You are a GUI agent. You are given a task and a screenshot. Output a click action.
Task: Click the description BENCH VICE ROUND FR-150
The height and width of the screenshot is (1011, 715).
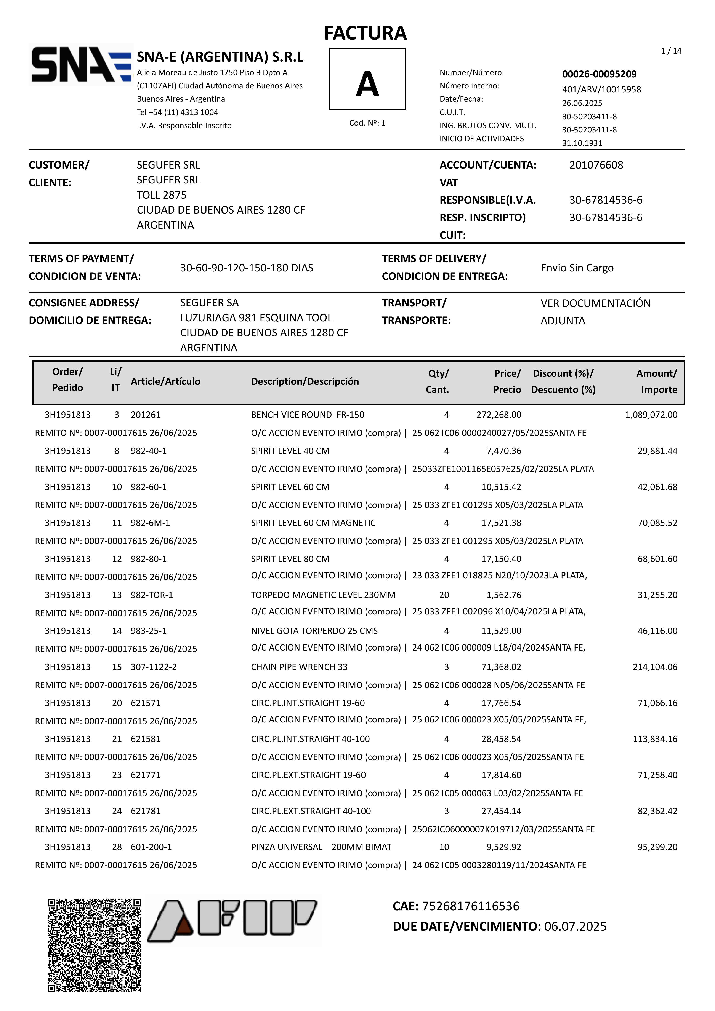(x=308, y=415)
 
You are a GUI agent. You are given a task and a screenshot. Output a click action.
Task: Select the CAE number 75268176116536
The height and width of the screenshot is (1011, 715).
(x=470, y=906)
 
